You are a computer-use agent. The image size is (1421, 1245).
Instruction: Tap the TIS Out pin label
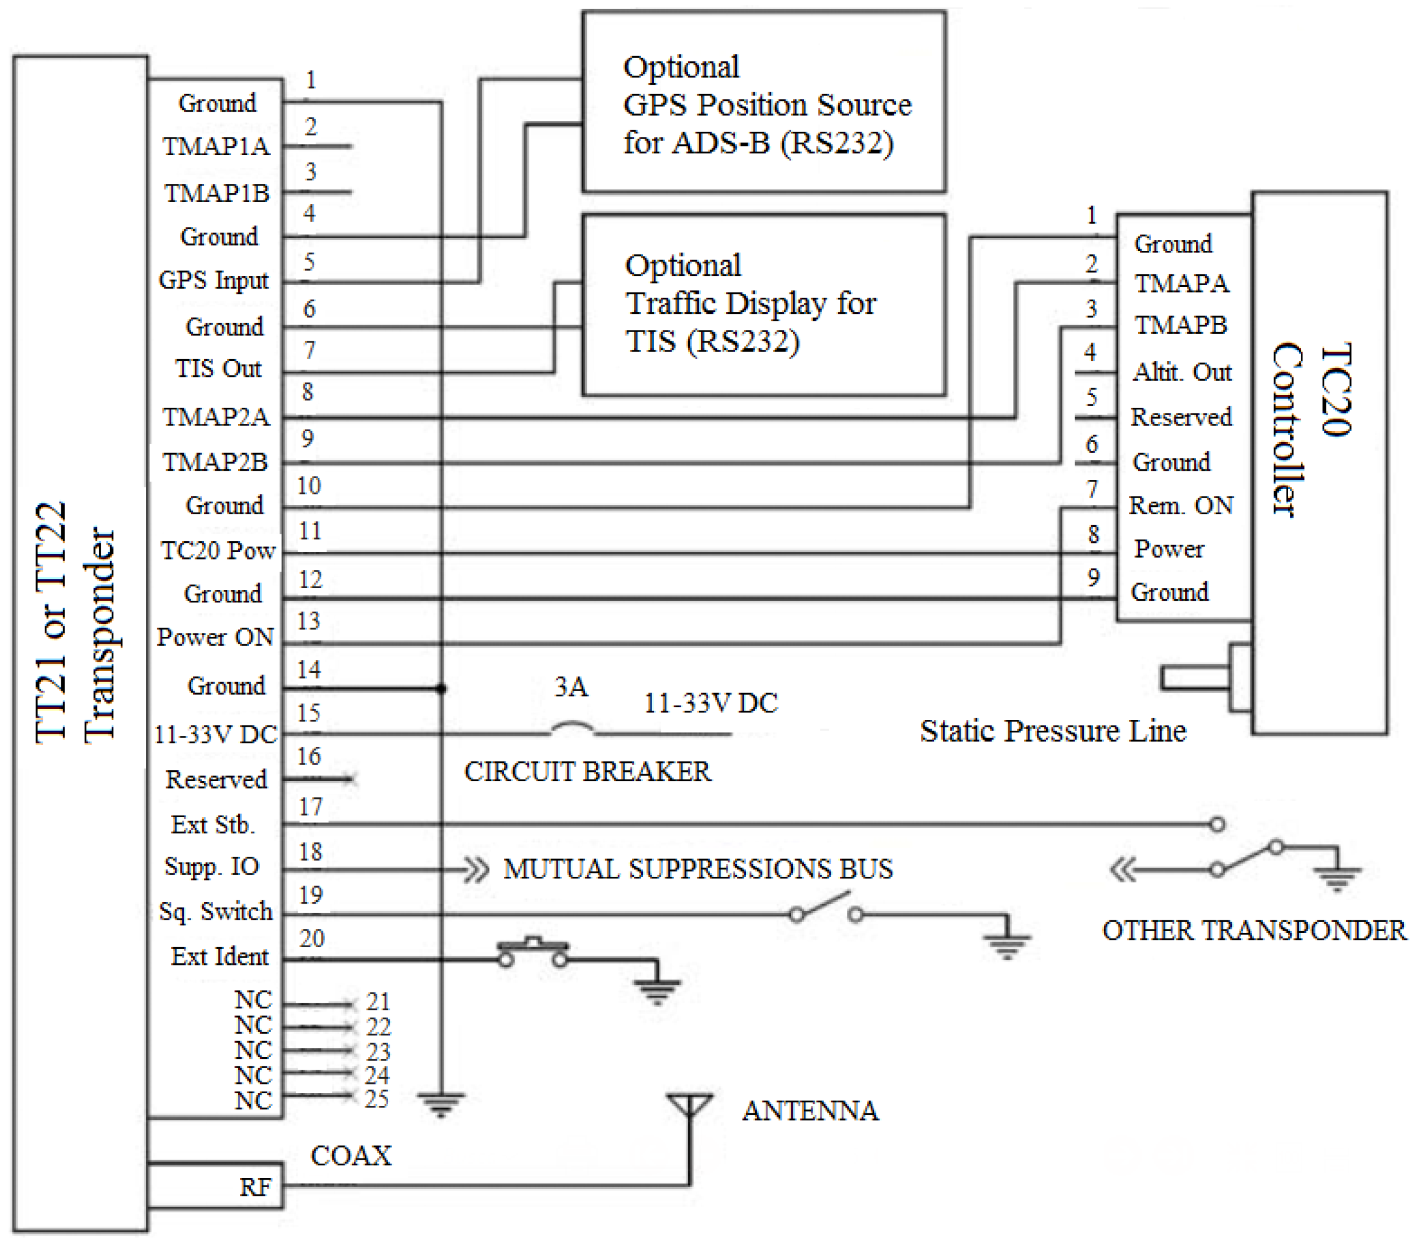[218, 368]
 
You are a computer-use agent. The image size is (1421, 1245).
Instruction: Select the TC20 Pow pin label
[218, 550]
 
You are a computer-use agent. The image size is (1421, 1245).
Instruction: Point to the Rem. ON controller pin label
[1181, 505]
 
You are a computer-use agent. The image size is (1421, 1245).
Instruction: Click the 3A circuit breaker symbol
[573, 728]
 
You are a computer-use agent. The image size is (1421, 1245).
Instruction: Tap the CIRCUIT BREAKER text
[587, 771]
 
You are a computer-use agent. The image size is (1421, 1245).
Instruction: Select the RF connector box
[215, 1186]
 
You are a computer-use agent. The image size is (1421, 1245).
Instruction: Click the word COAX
[351, 1156]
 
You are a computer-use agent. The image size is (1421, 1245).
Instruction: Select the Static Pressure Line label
[1053, 730]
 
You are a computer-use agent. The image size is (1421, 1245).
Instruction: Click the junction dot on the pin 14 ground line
[441, 688]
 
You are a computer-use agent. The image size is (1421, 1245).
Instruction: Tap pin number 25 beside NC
[376, 1098]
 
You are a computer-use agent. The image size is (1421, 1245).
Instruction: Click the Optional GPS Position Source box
[764, 102]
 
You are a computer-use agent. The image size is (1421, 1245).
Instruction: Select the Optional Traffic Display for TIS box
[764, 305]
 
